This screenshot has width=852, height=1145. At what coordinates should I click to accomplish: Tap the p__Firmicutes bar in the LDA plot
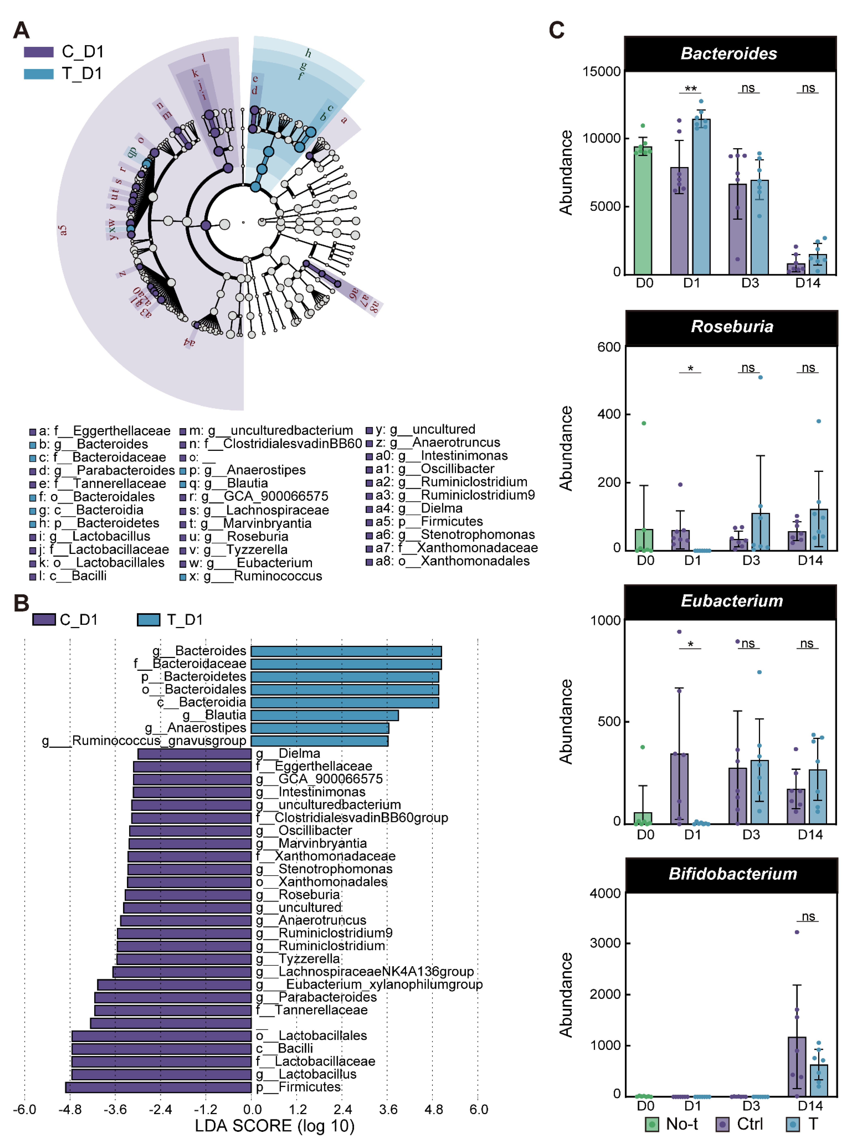point(158,1087)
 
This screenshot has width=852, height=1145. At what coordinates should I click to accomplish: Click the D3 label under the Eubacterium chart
point(751,835)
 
